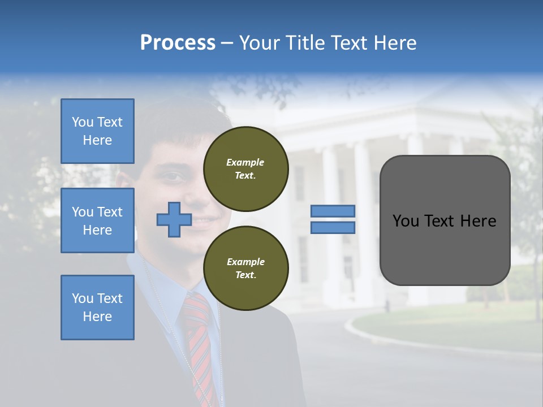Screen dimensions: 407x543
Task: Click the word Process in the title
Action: click(178, 42)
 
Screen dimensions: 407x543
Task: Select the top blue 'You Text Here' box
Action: click(97, 131)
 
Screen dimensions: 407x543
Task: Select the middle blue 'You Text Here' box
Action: click(97, 220)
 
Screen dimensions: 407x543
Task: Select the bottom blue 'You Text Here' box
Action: click(97, 307)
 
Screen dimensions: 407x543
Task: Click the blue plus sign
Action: click(174, 220)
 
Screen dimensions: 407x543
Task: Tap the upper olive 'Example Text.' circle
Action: click(245, 168)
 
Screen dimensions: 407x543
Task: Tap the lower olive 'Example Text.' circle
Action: click(245, 268)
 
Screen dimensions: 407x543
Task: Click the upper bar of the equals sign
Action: click(333, 211)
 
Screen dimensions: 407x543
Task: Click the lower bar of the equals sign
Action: click(333, 227)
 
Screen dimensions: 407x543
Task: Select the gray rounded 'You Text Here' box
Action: click(445, 220)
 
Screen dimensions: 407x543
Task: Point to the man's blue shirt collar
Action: click(164, 283)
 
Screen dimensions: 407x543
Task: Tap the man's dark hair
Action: click(175, 122)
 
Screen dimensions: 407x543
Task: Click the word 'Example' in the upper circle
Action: click(245, 162)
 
